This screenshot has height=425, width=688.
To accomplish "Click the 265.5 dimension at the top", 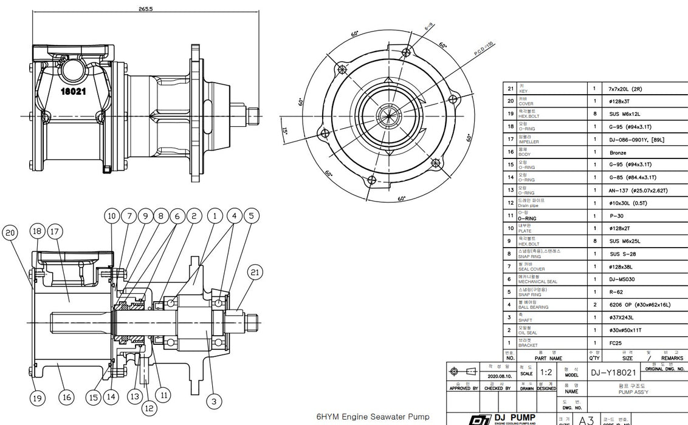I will (x=145, y=9).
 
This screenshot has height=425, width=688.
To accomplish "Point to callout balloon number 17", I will (x=54, y=231).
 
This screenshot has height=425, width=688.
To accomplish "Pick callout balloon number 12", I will (x=149, y=409).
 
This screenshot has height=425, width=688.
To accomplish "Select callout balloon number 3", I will (x=213, y=401).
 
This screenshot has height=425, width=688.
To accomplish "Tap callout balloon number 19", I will (x=38, y=398).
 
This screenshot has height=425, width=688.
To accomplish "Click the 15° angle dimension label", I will (x=285, y=129).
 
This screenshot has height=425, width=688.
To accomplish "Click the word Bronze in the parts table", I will (x=617, y=153).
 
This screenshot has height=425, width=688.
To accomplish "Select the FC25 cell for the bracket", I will (x=615, y=342).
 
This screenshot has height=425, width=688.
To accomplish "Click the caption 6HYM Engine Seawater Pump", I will (x=373, y=417).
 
